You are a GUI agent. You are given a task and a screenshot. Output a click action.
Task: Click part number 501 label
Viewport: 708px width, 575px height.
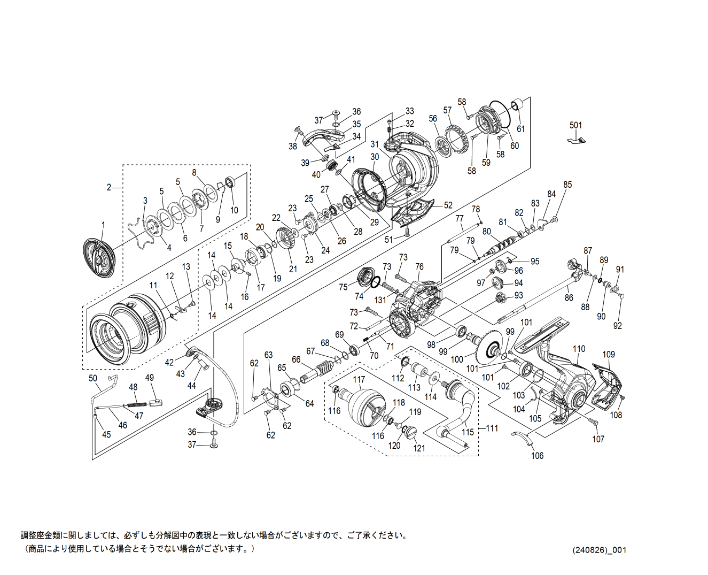[575, 125]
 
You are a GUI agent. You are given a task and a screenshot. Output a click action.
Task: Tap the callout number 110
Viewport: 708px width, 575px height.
[579, 349]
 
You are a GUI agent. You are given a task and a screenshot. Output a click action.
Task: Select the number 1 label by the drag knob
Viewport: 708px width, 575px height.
[103, 225]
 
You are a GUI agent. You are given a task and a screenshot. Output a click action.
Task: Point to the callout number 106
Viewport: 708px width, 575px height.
[537, 455]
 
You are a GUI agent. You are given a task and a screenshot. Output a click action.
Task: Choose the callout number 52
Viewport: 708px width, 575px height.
[448, 205]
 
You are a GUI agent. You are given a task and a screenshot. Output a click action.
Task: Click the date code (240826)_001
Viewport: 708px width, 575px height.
[599, 549]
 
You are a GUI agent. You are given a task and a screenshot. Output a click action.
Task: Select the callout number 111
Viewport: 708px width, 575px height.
[492, 428]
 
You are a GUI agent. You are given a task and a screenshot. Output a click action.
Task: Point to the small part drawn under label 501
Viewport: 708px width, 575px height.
[576, 140]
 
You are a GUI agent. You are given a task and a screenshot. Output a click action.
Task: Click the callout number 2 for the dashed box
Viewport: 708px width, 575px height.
[109, 187]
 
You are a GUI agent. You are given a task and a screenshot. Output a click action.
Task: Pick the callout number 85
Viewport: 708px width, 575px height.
[567, 185]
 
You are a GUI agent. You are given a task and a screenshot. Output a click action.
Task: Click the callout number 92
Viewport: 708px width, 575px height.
[618, 325]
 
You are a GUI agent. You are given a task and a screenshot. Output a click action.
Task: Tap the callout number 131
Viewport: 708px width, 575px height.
[380, 300]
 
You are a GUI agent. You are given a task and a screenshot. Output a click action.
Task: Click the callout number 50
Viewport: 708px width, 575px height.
[93, 379]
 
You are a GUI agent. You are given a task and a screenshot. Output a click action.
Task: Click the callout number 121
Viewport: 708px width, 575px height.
[419, 448]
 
